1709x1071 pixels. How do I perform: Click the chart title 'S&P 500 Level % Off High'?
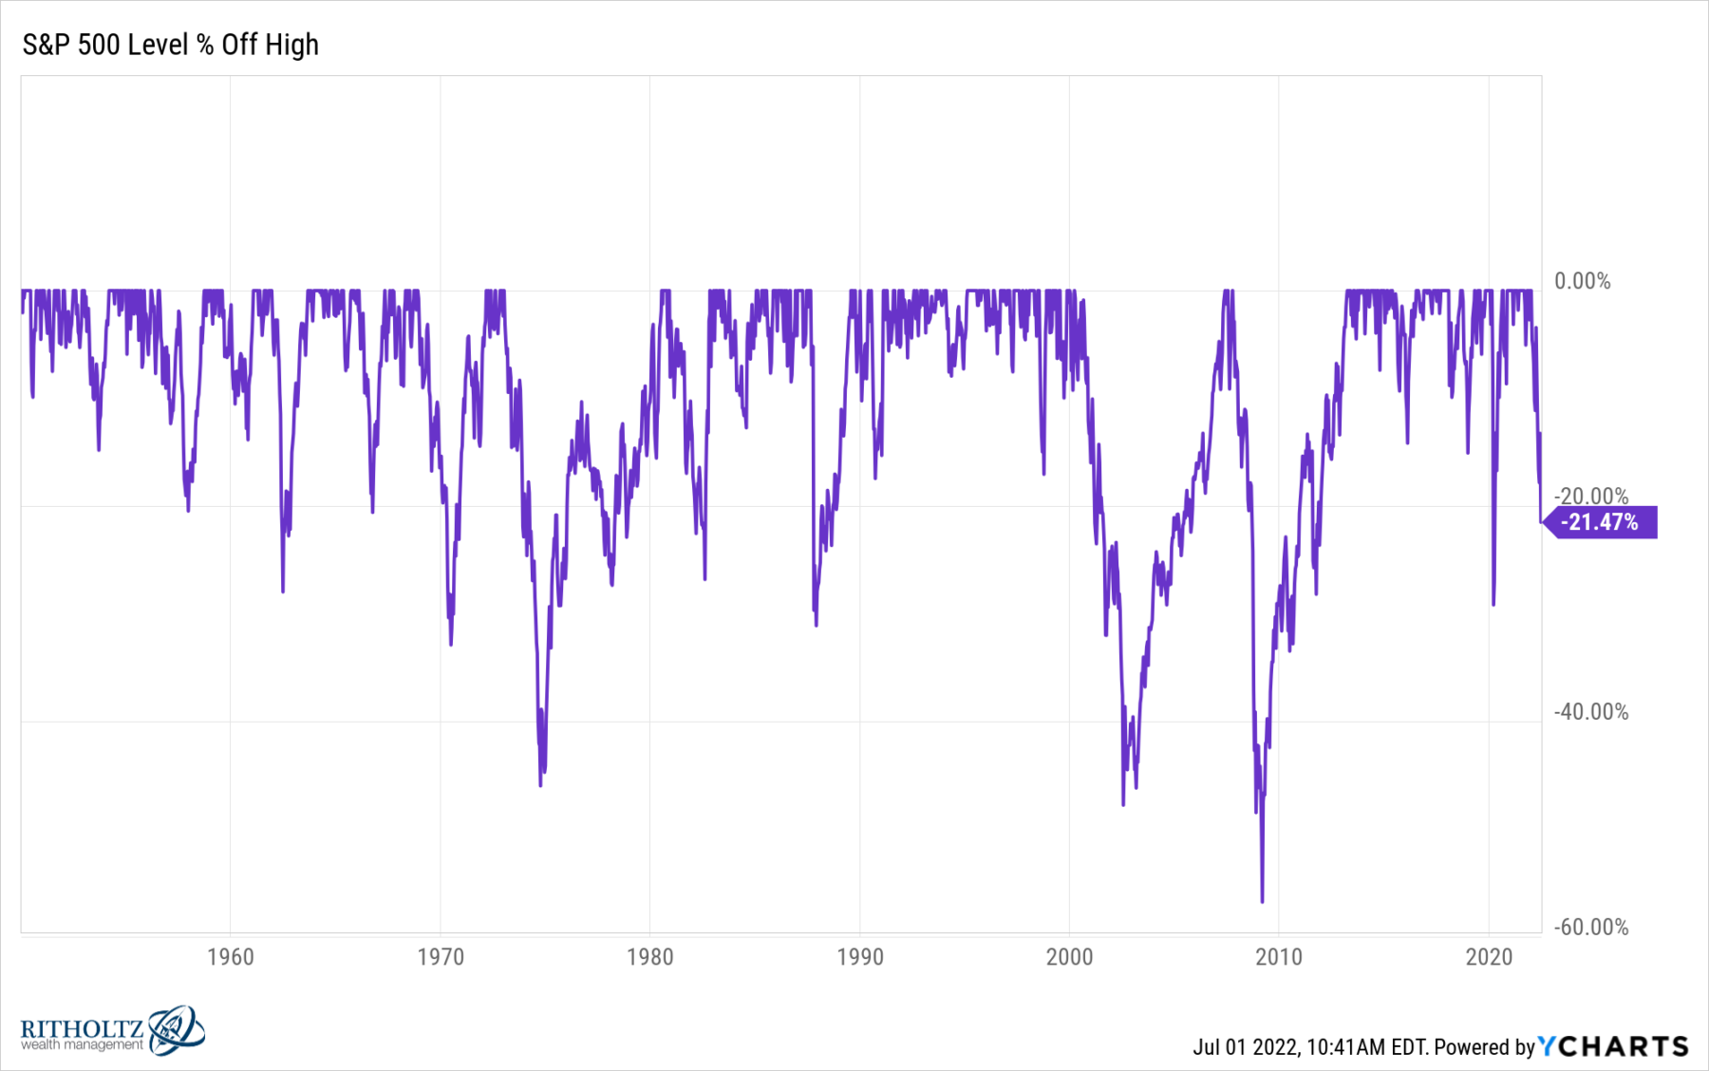pos(171,45)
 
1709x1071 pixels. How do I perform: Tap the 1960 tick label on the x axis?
pos(231,956)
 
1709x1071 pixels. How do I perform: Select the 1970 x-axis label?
pos(441,956)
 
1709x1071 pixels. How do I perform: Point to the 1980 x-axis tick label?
pos(650,956)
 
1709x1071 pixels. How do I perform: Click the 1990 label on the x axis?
pos(860,956)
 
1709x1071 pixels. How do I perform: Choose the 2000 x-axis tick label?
pos(1070,956)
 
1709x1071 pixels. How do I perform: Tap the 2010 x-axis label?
pos(1279,956)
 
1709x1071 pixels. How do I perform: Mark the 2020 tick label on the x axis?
pos(1489,956)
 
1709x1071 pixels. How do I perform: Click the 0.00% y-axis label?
pos(1582,281)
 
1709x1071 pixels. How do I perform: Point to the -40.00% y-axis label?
pos(1590,712)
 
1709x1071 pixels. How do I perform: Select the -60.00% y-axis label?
pos(1590,927)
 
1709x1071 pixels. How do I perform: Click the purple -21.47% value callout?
pos(1601,522)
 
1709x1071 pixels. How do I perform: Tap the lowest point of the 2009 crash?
pos(1262,900)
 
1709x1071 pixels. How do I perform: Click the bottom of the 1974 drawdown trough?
pos(541,784)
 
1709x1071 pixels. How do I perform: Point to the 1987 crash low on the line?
pos(816,624)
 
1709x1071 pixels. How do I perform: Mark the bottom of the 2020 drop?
pos(1493,604)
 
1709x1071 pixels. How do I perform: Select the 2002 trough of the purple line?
pos(1123,804)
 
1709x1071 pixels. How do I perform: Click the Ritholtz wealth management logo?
pos(112,1032)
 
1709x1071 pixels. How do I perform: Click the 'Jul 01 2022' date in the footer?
pos(1246,1047)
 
